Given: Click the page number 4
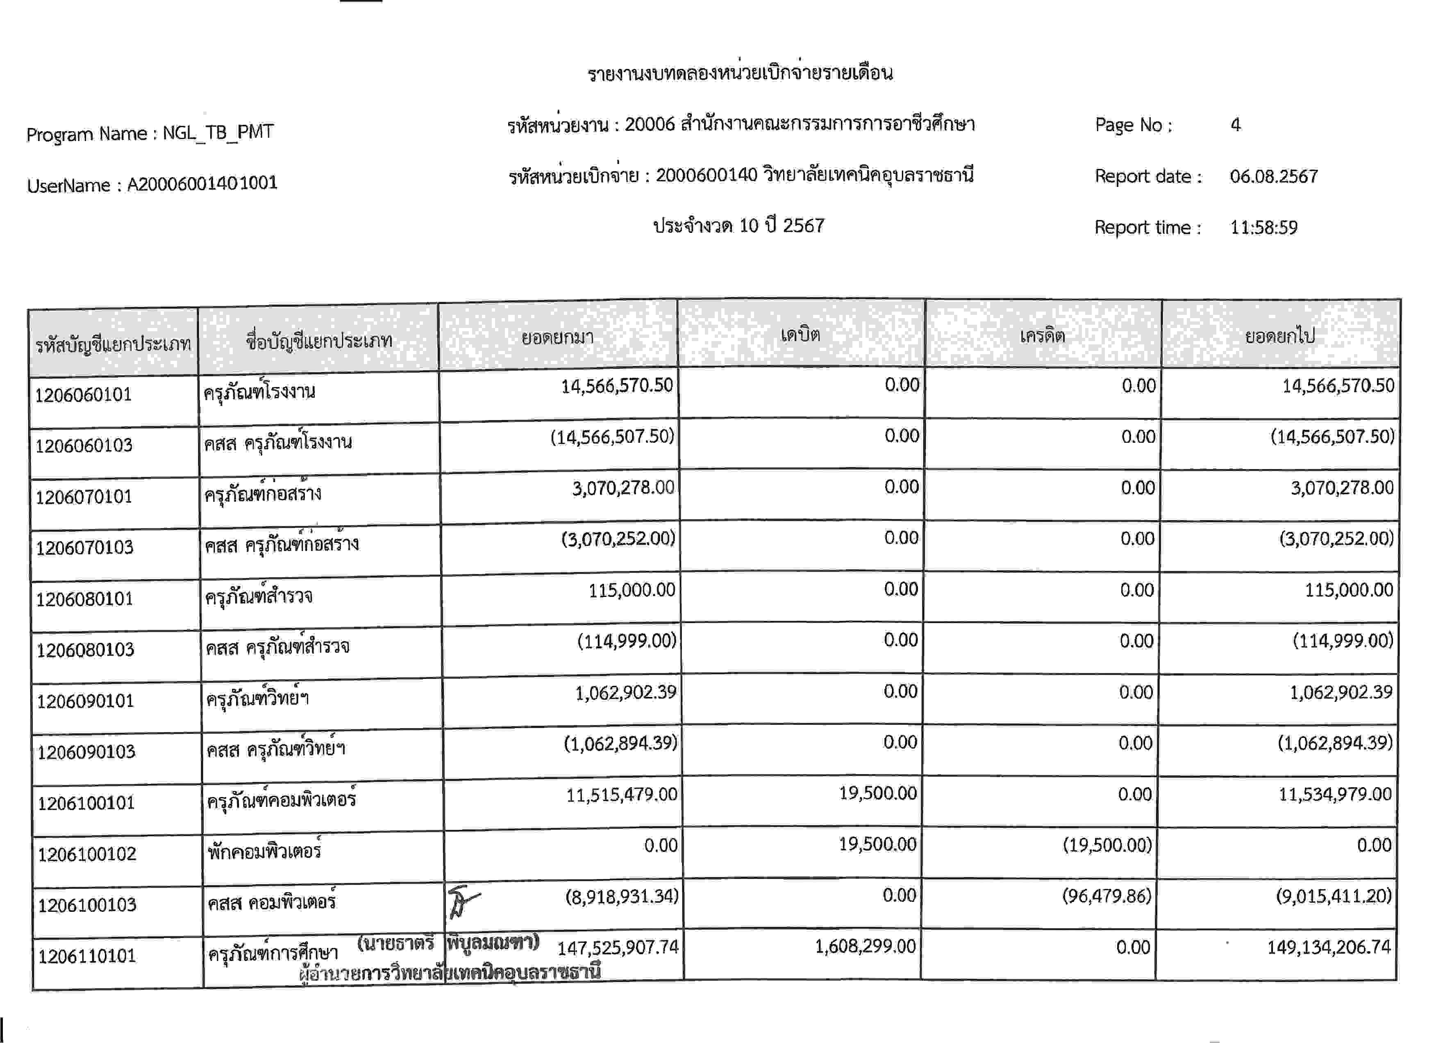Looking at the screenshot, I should (x=1235, y=125).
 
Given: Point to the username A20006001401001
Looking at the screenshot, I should (x=202, y=184).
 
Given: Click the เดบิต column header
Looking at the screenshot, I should (x=800, y=335).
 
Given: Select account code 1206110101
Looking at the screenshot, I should (x=87, y=956).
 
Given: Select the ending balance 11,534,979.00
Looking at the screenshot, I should (x=1335, y=794).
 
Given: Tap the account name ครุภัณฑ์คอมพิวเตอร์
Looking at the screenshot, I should (x=281, y=800).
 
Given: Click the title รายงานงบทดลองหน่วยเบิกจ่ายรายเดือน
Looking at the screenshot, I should (x=740, y=73).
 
